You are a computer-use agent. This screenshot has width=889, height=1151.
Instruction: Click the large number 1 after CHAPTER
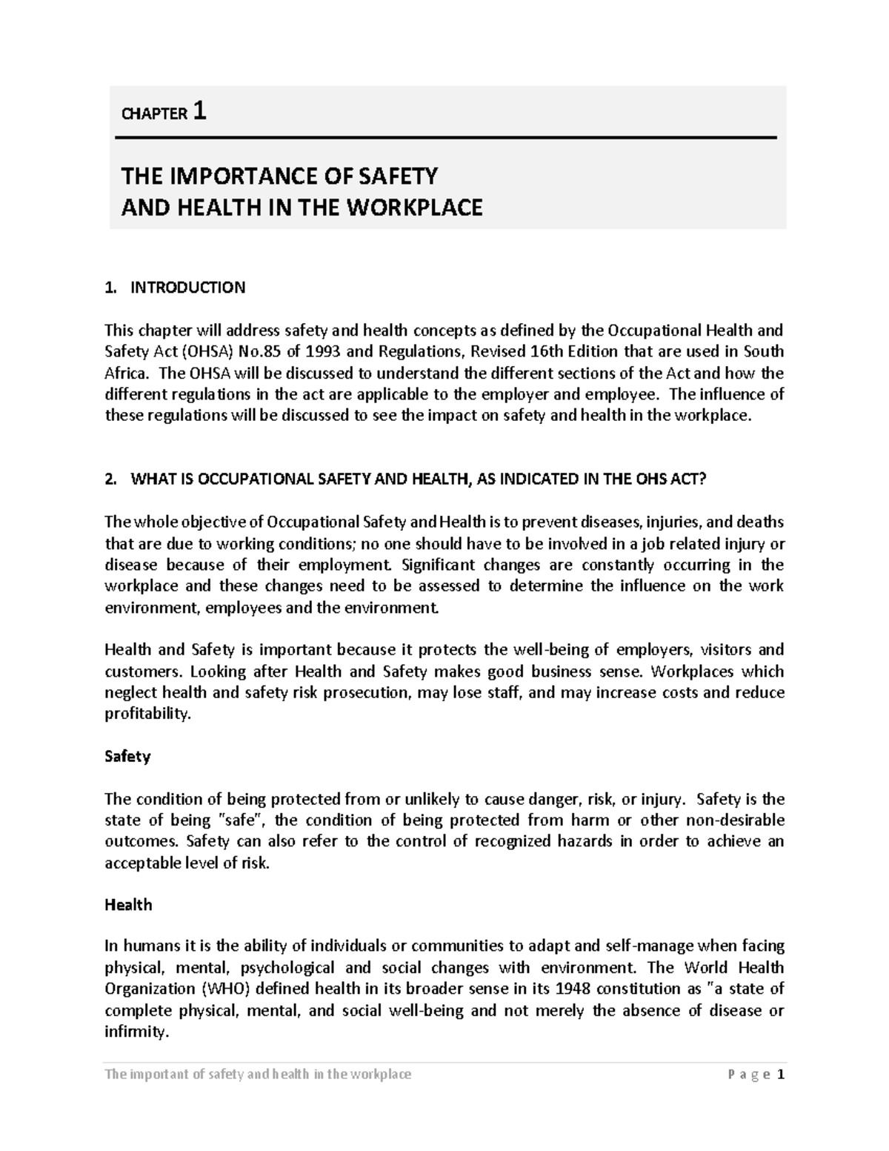click(199, 111)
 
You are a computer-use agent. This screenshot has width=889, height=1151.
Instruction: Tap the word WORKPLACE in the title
click(419, 207)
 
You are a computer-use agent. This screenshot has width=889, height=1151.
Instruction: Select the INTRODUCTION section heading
click(187, 288)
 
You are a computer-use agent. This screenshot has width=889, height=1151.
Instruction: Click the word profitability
click(147, 714)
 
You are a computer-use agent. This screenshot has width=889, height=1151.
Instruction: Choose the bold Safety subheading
click(127, 757)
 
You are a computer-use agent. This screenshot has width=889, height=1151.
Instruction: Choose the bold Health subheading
click(128, 905)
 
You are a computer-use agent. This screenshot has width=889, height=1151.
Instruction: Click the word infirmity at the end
click(136, 1032)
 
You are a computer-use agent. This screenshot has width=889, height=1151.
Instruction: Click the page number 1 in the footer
click(780, 1075)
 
